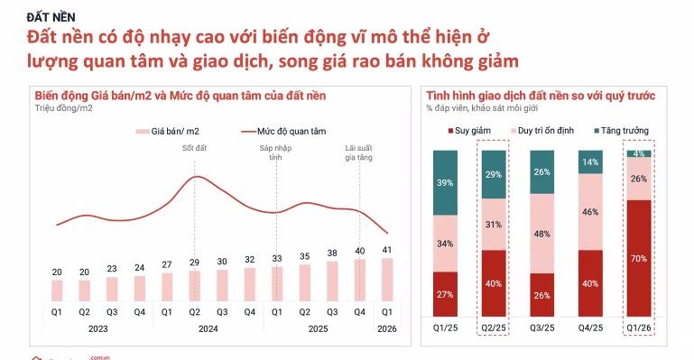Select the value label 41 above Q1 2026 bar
point(387,250)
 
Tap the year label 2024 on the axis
point(209,329)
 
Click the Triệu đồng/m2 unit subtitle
point(64,108)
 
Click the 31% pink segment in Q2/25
point(495,225)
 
